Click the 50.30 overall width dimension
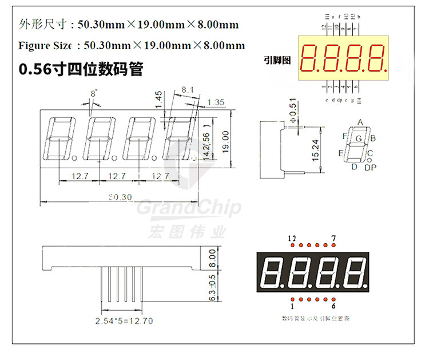120,197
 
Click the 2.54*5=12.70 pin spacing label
124,321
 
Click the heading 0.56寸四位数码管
81,70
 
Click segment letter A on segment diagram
360,122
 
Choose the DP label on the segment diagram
371,168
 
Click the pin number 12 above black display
292,238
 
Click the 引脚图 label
278,60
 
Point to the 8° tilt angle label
94,92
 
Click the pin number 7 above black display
333,238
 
